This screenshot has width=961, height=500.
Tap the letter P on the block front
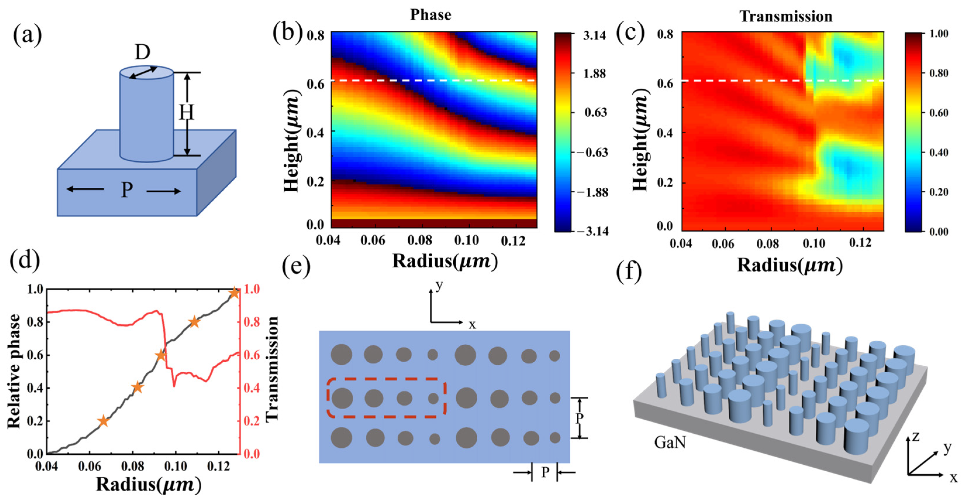[127, 190]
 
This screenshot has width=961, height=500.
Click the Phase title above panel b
[431, 15]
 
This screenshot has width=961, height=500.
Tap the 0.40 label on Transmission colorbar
[938, 152]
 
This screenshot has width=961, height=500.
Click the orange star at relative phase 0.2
[103, 422]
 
